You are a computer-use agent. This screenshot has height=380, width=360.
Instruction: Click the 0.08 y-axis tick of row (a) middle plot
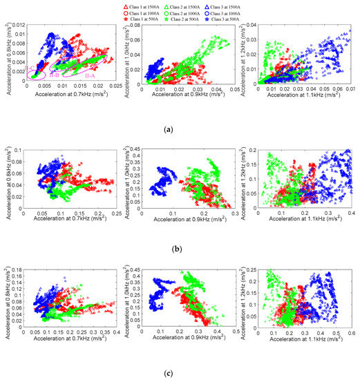(x=135, y=25)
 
